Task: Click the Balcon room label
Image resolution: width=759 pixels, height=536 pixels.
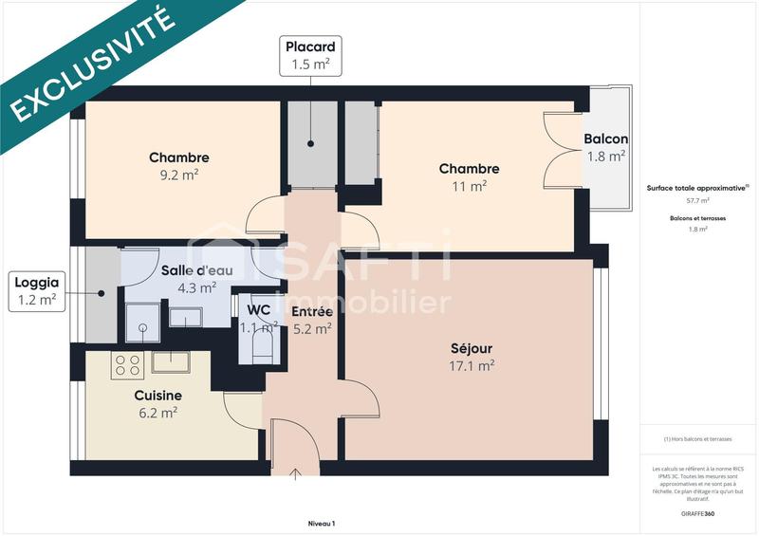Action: (605, 139)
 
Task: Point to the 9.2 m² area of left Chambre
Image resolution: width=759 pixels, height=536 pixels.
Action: (178, 175)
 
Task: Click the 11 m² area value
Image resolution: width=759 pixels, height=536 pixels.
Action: (469, 186)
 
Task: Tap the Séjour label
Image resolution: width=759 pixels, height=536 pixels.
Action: (472, 348)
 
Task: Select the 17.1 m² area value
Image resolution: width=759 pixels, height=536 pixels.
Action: (472, 365)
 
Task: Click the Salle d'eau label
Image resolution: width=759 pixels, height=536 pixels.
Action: (189, 269)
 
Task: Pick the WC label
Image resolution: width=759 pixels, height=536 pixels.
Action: (258, 309)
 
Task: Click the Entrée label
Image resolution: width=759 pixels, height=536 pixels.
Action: (311, 311)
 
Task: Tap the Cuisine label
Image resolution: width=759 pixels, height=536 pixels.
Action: (157, 395)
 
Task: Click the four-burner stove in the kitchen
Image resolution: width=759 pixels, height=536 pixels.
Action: (127, 364)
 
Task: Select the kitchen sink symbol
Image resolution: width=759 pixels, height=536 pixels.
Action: (171, 361)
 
